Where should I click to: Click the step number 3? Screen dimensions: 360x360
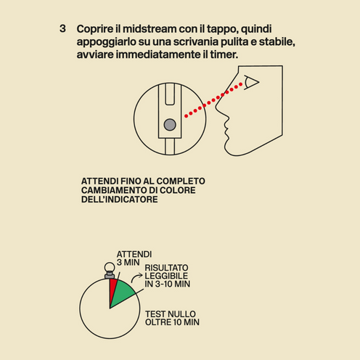pyautogui.click(x=63, y=29)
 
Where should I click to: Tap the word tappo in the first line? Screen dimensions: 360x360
pyautogui.click(x=225, y=29)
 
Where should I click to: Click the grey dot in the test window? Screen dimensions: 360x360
pyautogui.click(x=170, y=125)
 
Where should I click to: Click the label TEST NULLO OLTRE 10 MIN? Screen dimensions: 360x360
pyautogui.click(x=172, y=317)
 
